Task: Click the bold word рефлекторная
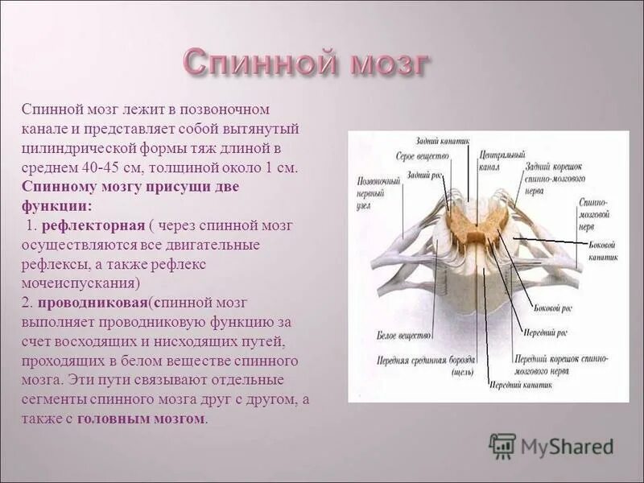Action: tap(93, 225)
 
